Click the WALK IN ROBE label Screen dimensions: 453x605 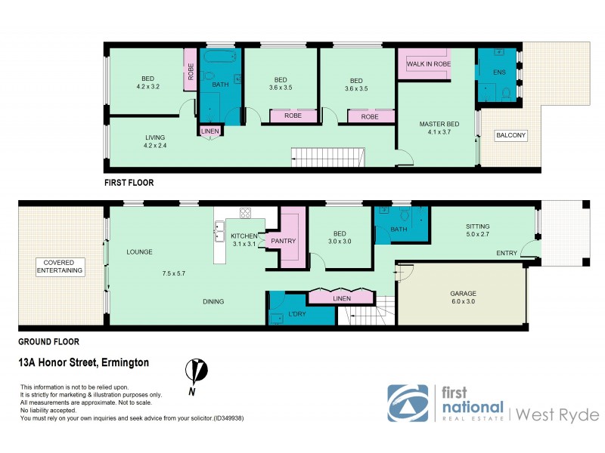coord(429,64)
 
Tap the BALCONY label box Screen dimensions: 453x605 coord(510,136)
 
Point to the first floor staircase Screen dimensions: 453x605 coord(329,158)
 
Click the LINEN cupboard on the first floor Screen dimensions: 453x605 coord(210,131)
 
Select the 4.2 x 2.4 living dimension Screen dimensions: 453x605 coord(155,147)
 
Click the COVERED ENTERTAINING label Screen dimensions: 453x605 coord(59,267)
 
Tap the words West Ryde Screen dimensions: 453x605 coord(558,414)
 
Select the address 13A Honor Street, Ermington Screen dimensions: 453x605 coord(83,363)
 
